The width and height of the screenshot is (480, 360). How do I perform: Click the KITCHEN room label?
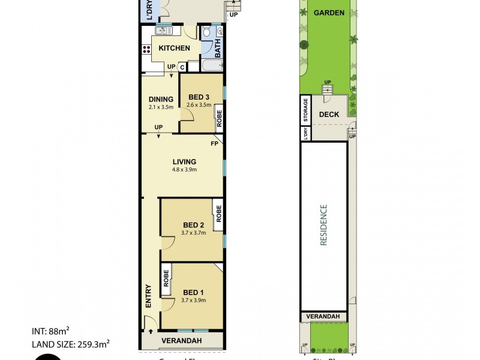click(175, 48)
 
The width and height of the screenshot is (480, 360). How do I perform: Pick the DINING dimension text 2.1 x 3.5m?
click(161, 107)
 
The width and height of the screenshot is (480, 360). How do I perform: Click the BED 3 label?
click(199, 98)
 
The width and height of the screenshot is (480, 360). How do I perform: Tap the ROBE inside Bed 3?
click(219, 118)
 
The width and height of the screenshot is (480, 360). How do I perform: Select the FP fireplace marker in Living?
click(214, 144)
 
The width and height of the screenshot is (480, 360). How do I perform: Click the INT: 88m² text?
click(51, 331)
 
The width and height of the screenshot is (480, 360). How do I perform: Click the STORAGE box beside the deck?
click(305, 111)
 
